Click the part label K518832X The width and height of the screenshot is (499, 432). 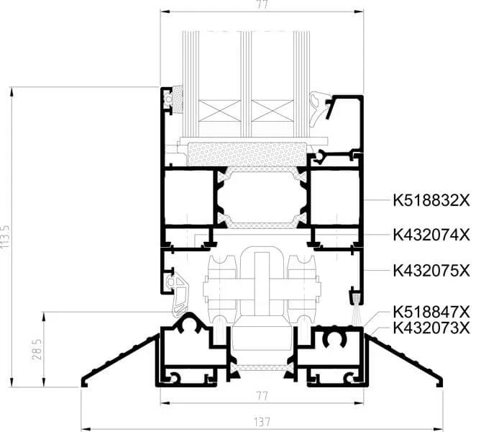[x=431, y=201]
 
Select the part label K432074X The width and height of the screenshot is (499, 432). [x=431, y=235]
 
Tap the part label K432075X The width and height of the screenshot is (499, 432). [x=431, y=271]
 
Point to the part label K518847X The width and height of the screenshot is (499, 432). [x=431, y=312]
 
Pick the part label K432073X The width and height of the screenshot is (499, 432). [x=431, y=328]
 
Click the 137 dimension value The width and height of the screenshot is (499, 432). [x=262, y=422]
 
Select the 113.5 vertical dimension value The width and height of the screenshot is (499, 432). [x=6, y=237]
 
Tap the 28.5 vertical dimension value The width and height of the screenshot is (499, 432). [x=37, y=349]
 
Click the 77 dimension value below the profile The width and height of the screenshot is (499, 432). [x=262, y=396]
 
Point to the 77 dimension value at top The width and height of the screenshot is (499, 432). [x=262, y=5]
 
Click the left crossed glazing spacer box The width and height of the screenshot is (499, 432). [x=219, y=111]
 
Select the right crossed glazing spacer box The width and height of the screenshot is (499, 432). [x=273, y=111]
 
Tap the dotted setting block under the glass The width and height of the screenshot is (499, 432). [x=247, y=154]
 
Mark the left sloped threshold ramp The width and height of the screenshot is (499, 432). [x=120, y=359]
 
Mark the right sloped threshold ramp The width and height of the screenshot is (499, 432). [x=403, y=359]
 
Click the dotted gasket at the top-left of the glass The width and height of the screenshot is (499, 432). [x=178, y=99]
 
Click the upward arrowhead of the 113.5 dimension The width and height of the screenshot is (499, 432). [x=12, y=91]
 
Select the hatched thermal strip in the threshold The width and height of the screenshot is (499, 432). [x=262, y=368]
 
